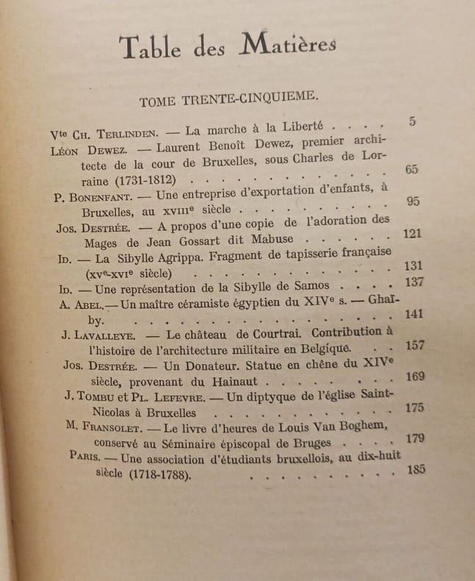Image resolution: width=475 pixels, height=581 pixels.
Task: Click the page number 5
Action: pos(413,121)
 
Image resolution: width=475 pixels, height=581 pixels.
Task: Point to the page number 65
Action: pos(411,170)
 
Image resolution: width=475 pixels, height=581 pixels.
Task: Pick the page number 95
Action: pos(413,202)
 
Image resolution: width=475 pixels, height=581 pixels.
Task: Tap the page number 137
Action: pos(416,282)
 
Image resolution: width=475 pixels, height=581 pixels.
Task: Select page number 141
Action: pos(415,314)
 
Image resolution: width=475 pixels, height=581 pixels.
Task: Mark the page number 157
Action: pos(416,346)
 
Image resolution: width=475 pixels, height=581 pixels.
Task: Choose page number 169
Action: pos(416,377)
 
